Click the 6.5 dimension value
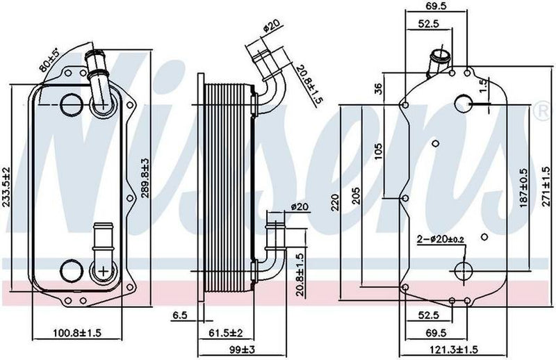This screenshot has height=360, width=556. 180,315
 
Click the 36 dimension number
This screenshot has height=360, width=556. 379,88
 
